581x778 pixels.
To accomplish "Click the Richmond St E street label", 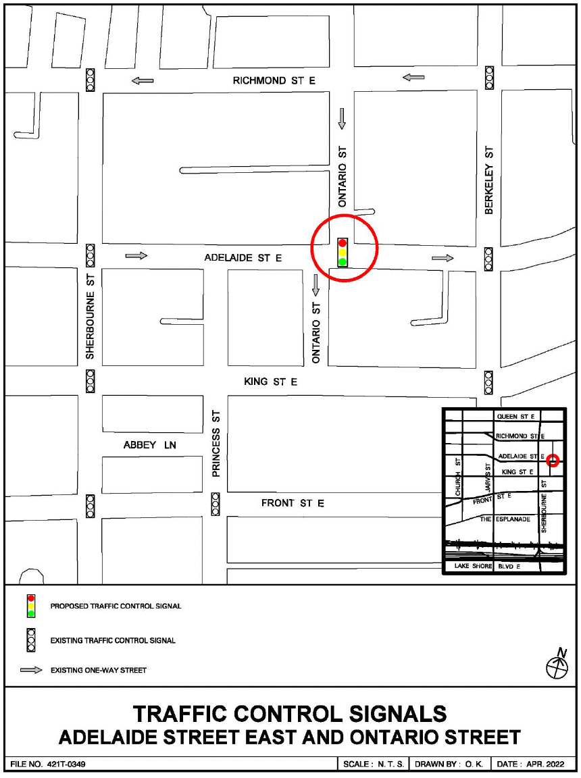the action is [x=274, y=80].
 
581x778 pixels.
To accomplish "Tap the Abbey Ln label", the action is [x=150, y=445].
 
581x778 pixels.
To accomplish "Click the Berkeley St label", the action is [x=489, y=180].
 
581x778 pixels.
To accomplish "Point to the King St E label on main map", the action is [x=270, y=382].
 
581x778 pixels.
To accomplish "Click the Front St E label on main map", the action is [x=293, y=503].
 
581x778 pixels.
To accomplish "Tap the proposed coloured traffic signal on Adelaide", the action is [x=343, y=252].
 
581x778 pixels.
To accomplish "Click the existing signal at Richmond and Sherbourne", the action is [x=90, y=80].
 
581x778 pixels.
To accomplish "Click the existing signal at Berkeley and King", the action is [x=488, y=382].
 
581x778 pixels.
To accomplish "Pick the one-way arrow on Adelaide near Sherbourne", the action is [x=136, y=256].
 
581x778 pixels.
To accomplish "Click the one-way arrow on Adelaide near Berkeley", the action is [x=443, y=258].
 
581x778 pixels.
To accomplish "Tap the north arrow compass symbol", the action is [x=557, y=665].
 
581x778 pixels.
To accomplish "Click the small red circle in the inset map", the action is [x=553, y=461].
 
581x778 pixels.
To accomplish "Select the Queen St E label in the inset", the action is [x=515, y=417].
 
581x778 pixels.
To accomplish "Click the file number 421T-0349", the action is [x=47, y=764].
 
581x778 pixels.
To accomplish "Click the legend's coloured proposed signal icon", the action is [x=31, y=606].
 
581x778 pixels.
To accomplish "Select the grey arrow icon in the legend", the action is [x=31, y=671].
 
